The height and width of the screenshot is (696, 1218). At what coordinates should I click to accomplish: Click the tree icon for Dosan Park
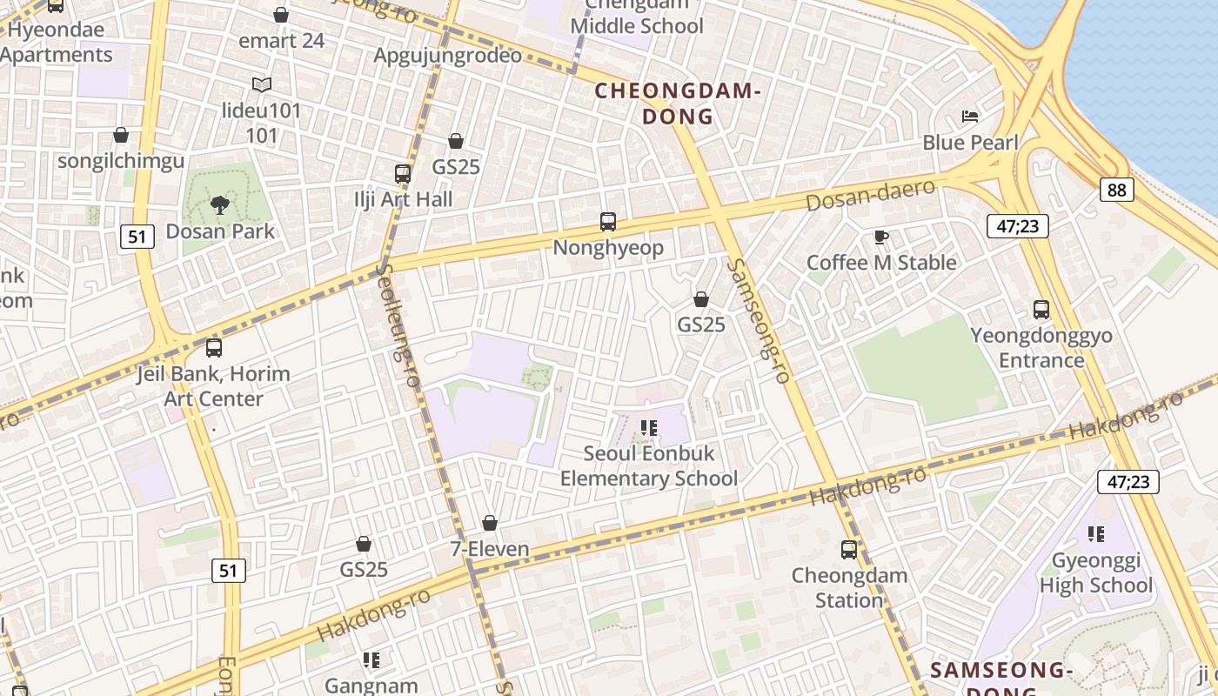coord(219,205)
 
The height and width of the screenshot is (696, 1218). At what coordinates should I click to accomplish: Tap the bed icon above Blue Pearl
coord(970,117)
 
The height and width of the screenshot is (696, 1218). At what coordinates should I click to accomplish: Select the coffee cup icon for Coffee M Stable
coord(880,237)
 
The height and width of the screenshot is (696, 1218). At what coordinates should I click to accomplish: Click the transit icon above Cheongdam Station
coord(848,550)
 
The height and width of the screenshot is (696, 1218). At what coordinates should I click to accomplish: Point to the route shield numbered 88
coord(1116,190)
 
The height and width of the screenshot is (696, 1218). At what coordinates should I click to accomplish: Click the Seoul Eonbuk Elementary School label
coord(648,465)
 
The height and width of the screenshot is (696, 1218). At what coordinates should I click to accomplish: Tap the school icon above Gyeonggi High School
coord(1095,534)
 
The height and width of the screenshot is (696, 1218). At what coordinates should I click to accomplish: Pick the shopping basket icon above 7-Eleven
coord(490,523)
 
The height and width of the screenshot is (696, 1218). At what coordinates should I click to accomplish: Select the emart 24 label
coord(281,41)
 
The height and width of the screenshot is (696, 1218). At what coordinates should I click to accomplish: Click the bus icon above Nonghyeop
coord(608,222)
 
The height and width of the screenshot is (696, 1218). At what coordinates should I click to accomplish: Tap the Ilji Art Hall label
coord(403,199)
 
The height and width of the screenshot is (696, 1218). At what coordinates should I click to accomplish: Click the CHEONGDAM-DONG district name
coord(678,104)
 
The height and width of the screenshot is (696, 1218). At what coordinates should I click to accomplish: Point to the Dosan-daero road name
coord(870,195)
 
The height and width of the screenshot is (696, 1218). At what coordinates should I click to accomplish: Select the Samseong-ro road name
coord(760,321)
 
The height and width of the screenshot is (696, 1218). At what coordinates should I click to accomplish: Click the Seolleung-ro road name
coord(396,326)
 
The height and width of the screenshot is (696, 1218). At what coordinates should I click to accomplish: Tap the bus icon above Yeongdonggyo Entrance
coord(1041,310)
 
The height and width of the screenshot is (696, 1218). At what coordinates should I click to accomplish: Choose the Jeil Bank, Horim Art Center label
coord(213,386)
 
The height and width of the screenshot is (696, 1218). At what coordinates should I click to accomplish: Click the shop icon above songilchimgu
coord(121,136)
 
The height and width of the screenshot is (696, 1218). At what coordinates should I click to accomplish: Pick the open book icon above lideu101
coord(261,84)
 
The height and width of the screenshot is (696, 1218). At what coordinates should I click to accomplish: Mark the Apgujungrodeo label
coord(447,56)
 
